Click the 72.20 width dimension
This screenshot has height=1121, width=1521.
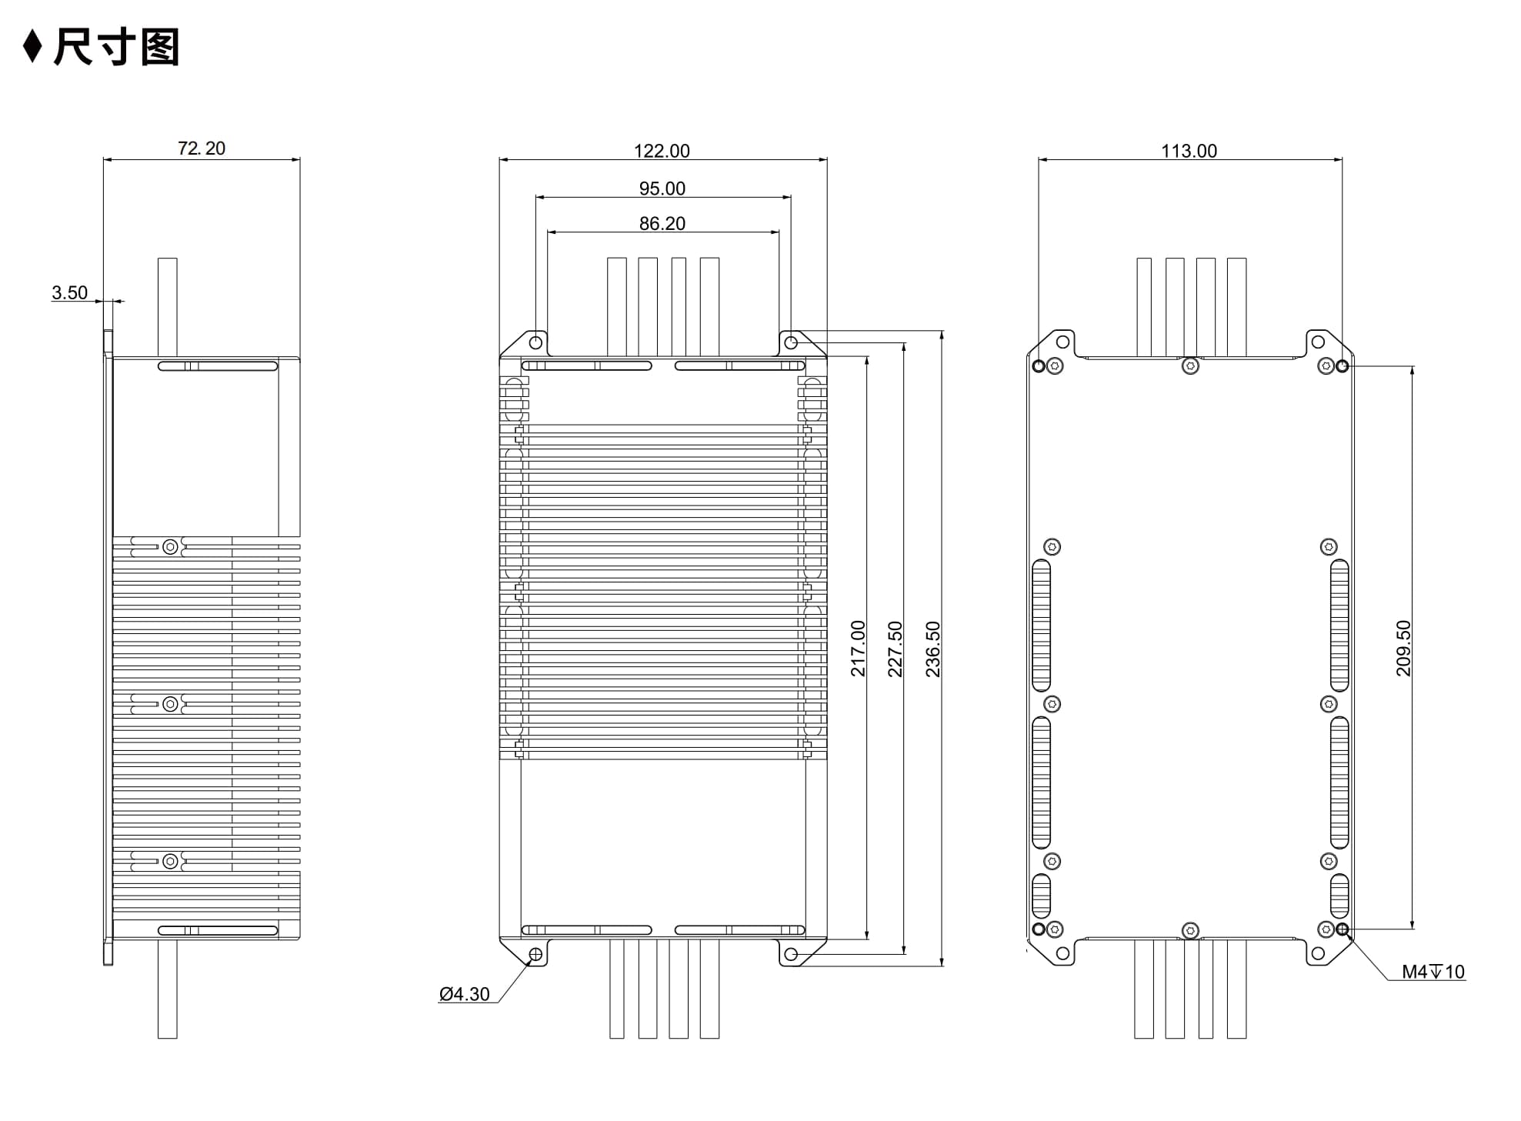(x=202, y=148)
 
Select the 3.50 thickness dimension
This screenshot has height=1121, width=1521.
(x=69, y=293)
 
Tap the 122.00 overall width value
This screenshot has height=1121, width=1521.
(x=662, y=151)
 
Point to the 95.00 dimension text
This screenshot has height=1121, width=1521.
(x=662, y=189)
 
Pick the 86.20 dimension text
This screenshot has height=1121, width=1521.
(x=662, y=224)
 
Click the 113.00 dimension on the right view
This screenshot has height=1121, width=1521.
(x=1189, y=151)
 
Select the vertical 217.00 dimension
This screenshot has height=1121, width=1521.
(x=858, y=649)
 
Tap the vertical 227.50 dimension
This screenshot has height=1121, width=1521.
(x=895, y=649)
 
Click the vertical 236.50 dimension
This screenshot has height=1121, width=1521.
(x=932, y=649)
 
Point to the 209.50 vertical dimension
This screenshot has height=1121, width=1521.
(x=1403, y=649)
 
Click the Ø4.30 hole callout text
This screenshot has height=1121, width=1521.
(x=464, y=994)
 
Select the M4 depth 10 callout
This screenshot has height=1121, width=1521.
(x=1433, y=972)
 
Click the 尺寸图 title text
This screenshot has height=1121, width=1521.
(x=116, y=47)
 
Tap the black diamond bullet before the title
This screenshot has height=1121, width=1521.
(x=32, y=47)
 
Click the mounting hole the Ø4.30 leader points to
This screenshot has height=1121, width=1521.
(x=535, y=955)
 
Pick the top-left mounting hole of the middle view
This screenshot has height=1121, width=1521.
(x=535, y=342)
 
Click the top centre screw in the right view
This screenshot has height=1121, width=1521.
(x=1190, y=366)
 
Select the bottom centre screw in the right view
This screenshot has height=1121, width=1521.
(x=1190, y=931)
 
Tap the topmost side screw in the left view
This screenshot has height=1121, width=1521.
(x=170, y=547)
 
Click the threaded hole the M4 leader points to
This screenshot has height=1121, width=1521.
(x=1343, y=929)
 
